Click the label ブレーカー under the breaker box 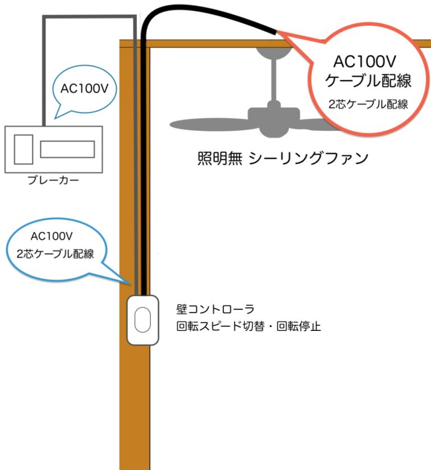pyautogui.click(x=53, y=181)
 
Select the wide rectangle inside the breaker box pyautogui.click(x=67, y=149)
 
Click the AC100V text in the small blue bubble pyautogui.click(x=84, y=88)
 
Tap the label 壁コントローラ pyautogui.click(x=215, y=309)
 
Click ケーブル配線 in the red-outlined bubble pyautogui.click(x=369, y=80)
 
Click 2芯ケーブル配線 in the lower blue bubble pyautogui.click(x=55, y=253)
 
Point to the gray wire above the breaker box pyautogui.click(x=44, y=67)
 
